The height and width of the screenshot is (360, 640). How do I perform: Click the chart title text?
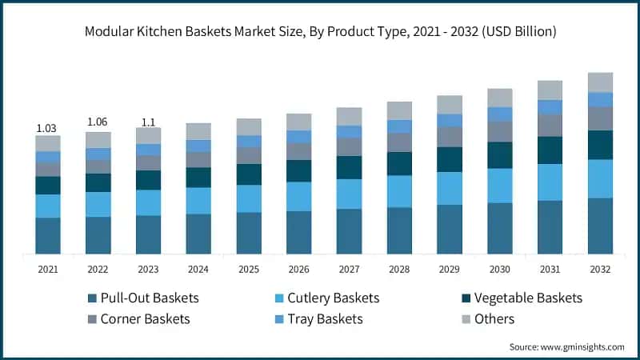coord(320,32)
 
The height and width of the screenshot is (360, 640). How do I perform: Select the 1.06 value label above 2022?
coord(98,122)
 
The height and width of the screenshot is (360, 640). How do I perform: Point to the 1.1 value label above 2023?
coord(149,122)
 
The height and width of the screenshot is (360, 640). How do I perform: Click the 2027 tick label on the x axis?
coord(349,270)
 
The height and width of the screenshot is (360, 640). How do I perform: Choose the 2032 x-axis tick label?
coord(600,270)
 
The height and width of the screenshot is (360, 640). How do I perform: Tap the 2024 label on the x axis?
coord(198,270)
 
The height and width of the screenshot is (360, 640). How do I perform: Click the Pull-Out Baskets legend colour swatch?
coord(93,298)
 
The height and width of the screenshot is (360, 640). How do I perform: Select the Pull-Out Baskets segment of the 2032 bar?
coord(600,226)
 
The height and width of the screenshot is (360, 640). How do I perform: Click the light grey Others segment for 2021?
coord(48,143)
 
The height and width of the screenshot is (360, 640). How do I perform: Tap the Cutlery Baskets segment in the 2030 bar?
coord(500,185)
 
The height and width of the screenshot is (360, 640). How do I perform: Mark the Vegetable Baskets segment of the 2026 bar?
coord(299,170)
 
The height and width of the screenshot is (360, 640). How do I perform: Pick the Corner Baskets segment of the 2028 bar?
coord(399,142)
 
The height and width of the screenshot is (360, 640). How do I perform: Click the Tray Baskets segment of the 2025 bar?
coord(249,142)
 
